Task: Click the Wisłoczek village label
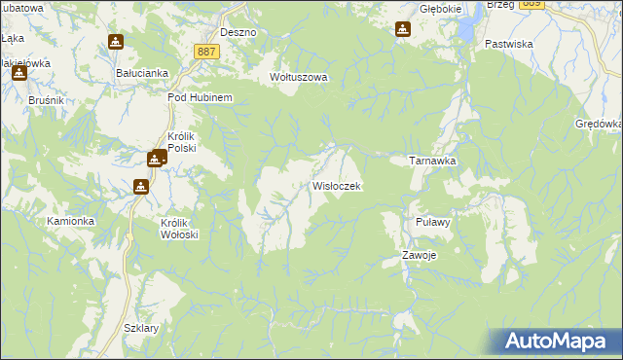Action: (337, 185)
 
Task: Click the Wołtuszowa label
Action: (299, 77)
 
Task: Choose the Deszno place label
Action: (238, 32)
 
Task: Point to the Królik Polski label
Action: (183, 142)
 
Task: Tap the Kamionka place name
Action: (70, 221)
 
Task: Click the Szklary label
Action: (141, 328)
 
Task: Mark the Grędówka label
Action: (598, 125)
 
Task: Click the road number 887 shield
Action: (204, 52)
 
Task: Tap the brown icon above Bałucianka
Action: (116, 43)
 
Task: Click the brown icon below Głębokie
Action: (403, 29)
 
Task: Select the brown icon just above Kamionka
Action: (141, 186)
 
